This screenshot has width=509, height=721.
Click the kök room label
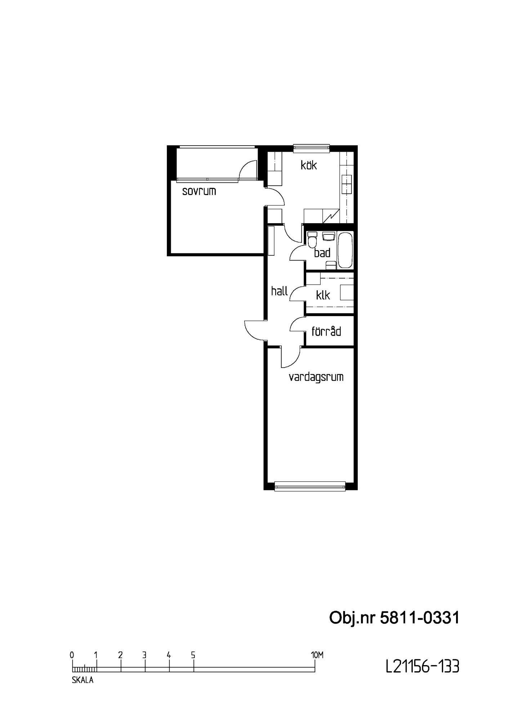(x=309, y=165)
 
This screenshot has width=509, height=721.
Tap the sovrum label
(x=199, y=191)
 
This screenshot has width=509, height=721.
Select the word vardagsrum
(x=316, y=377)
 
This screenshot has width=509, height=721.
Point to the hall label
(x=280, y=291)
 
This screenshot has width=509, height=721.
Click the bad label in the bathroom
(x=322, y=253)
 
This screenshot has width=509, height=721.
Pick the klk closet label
(x=323, y=295)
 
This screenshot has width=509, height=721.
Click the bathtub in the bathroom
(x=345, y=250)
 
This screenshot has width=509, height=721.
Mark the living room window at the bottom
(x=310, y=486)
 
